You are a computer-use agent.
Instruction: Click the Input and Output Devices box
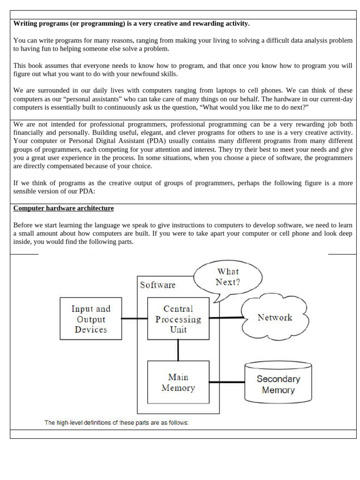pos(90,319)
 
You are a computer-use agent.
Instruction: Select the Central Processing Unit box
pos(178,319)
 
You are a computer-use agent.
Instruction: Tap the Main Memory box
pos(178,382)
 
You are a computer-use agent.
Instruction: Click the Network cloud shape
pos(275,317)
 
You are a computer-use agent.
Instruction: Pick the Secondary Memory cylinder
pos(278,384)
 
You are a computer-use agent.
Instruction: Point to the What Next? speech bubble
pos(227,277)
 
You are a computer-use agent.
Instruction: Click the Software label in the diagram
pos(157,285)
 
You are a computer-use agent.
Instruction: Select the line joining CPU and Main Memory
pos(178,350)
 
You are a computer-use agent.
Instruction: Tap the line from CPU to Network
pos(226,317)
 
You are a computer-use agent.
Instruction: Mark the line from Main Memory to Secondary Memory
pos(227,382)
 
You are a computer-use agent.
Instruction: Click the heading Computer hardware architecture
pos(63,208)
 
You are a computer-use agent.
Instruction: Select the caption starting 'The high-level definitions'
pos(116,422)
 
